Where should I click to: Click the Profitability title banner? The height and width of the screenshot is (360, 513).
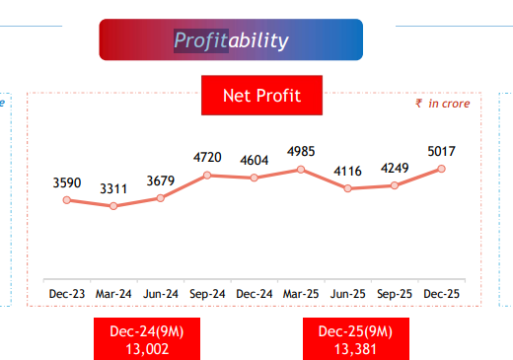pyautogui.click(x=231, y=39)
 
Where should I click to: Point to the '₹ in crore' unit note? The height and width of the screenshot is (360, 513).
pyautogui.click(x=443, y=103)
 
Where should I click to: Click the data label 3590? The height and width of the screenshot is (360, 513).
pyautogui.click(x=67, y=182)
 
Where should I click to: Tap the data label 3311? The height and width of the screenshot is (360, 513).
pyautogui.click(x=114, y=187)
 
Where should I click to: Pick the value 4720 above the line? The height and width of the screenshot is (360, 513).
pyautogui.click(x=207, y=157)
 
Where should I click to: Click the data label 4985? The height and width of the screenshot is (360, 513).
pyautogui.click(x=301, y=151)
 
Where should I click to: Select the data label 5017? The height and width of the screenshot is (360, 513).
pyautogui.click(x=441, y=151)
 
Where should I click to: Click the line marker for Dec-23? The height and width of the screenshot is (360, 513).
pyautogui.click(x=67, y=200)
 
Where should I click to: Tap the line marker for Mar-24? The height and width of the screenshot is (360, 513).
pyautogui.click(x=114, y=206)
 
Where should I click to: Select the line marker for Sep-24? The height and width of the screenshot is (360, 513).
pyautogui.click(x=207, y=175)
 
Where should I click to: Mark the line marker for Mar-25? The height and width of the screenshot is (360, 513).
pyautogui.click(x=301, y=170)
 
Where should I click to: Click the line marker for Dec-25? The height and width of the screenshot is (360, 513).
pyautogui.click(x=441, y=169)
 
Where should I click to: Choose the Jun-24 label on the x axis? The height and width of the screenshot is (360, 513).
pyautogui.click(x=161, y=293)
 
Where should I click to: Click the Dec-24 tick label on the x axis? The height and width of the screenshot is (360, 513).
pyautogui.click(x=254, y=293)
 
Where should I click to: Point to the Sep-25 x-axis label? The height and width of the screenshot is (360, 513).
pyautogui.click(x=394, y=293)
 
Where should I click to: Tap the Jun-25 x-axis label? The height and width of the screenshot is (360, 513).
pyautogui.click(x=347, y=293)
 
